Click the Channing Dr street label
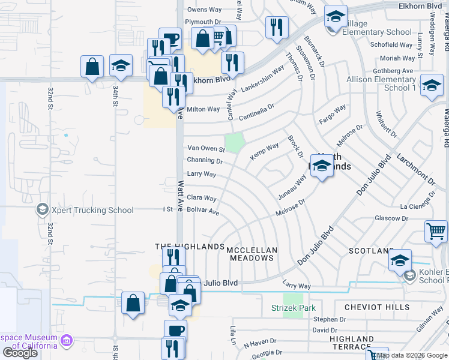pyautogui.click(x=205, y=160)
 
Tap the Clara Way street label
pyautogui.click(x=201, y=197)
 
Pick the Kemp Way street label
pyautogui.click(x=265, y=151)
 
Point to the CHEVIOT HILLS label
pyautogui.click(x=377, y=307)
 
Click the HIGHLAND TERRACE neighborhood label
pyautogui.click(x=352, y=343)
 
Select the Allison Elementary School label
pyautogui.click(x=382, y=83)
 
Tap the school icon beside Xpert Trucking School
pyautogui.click(x=42, y=209)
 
